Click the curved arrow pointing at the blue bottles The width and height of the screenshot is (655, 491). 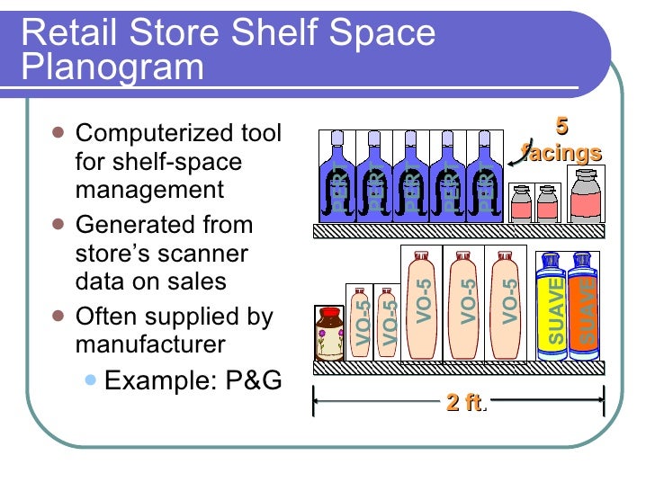pyautogui.click(x=517, y=157)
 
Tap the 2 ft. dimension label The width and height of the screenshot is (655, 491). pyautogui.click(x=465, y=404)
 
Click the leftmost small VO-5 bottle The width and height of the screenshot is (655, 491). pyautogui.click(x=359, y=323)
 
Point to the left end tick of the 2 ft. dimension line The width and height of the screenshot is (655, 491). pyautogui.click(x=314, y=402)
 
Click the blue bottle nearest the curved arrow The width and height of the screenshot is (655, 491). pyautogui.click(x=483, y=176)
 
